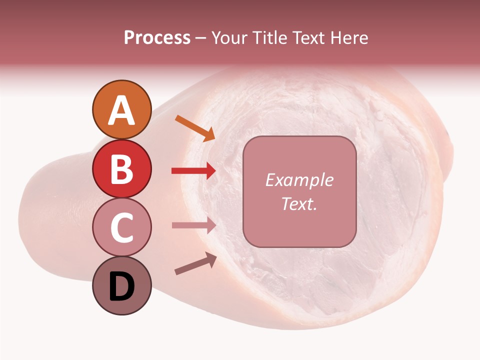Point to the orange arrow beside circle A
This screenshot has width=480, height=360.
(x=194, y=128)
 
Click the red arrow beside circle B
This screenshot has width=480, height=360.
(x=193, y=171)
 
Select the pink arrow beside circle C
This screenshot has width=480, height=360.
(x=193, y=225)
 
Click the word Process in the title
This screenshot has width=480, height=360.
(x=157, y=37)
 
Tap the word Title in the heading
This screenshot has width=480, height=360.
(x=270, y=37)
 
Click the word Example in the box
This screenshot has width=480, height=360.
(x=299, y=180)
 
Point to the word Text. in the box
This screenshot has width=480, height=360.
(x=299, y=203)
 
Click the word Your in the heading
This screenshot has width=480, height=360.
(x=228, y=37)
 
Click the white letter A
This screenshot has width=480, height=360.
(x=121, y=110)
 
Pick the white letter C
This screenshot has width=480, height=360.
(x=121, y=228)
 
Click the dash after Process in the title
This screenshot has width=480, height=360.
(x=201, y=38)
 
